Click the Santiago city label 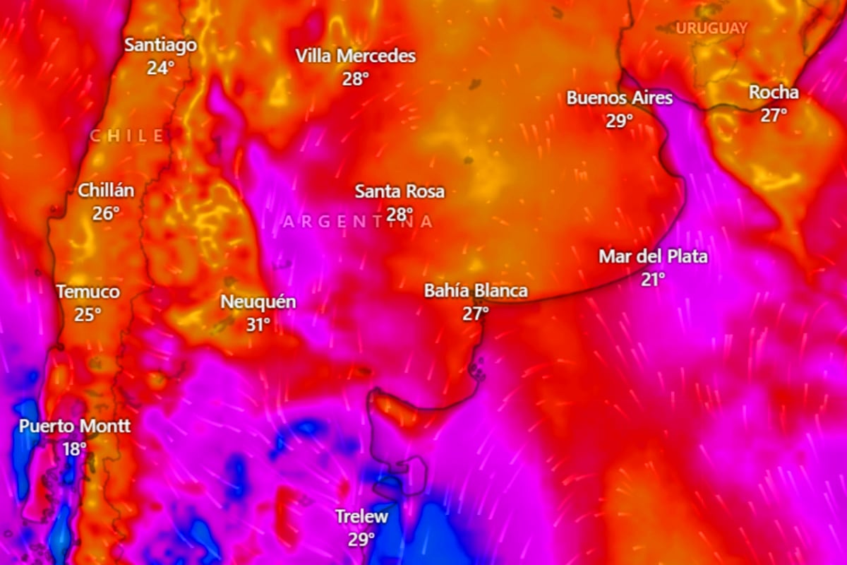click(160, 45)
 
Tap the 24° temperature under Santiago click(160, 69)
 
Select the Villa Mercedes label click(356, 56)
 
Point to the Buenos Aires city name click(619, 98)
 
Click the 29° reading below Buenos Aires click(619, 121)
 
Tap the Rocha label click(774, 93)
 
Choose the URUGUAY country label click(711, 28)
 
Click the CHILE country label click(128, 136)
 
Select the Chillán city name click(106, 190)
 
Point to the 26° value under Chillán click(106, 213)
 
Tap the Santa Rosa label click(400, 191)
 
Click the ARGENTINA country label click(358, 222)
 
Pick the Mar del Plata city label click(653, 257)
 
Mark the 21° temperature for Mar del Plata click(653, 280)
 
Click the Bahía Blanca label click(476, 291)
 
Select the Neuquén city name click(258, 302)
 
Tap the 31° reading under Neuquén click(258, 325)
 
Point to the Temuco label click(88, 292)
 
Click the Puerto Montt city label click(74, 427)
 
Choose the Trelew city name click(361, 517)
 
